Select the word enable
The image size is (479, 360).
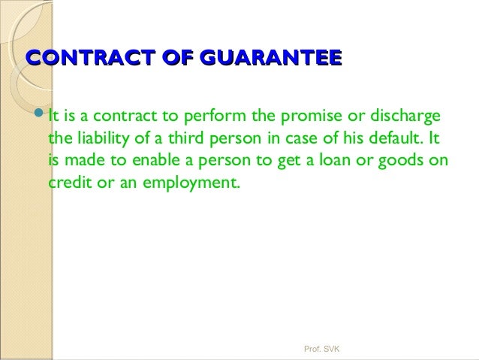(157, 161)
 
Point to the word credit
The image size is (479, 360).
(70, 183)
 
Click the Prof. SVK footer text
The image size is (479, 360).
(321, 349)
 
